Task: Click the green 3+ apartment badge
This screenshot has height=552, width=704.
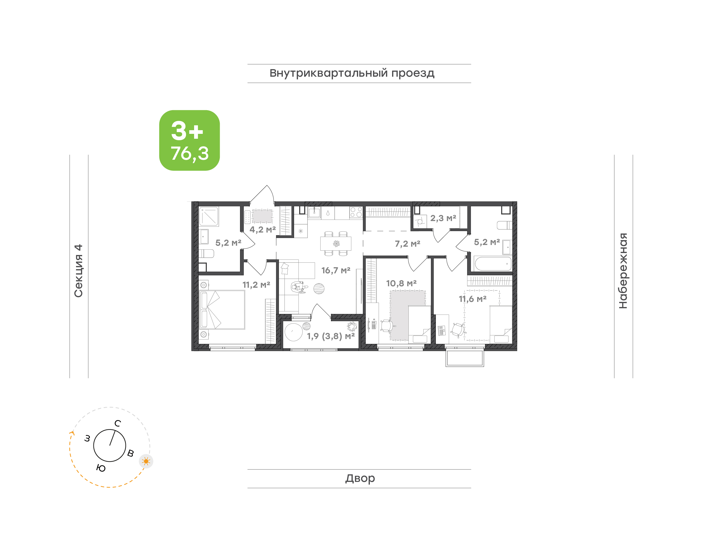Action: click(189, 140)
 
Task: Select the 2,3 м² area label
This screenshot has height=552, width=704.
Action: click(443, 218)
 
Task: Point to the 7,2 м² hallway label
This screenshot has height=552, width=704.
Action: click(407, 244)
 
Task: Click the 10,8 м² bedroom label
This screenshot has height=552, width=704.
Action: click(401, 283)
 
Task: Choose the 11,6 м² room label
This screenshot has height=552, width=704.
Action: click(473, 299)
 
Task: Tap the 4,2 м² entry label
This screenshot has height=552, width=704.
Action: click(263, 229)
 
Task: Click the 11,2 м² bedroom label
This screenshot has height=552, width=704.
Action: click(256, 285)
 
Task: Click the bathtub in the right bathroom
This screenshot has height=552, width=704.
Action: click(493, 263)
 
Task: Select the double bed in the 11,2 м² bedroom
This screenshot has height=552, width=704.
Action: click(222, 310)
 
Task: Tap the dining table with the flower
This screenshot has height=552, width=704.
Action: click(336, 243)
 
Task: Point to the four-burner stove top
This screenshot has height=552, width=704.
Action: click(356, 212)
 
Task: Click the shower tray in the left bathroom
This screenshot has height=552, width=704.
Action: click(209, 216)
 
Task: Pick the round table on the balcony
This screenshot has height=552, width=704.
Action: click(294, 332)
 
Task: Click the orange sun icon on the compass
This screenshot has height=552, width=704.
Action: click(146, 461)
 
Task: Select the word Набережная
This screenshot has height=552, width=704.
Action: click(623, 271)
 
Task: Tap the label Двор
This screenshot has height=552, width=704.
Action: click(360, 478)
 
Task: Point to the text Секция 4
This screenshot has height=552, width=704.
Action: click(78, 271)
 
